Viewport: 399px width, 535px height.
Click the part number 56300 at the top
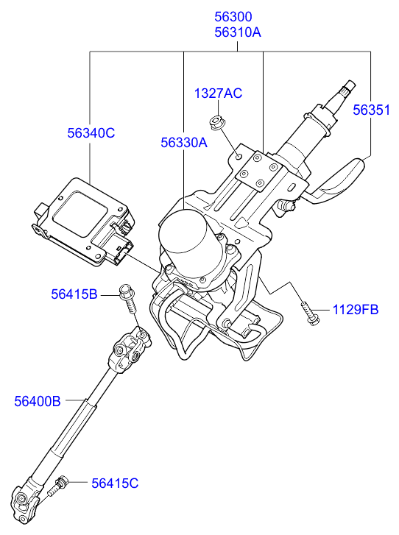233,17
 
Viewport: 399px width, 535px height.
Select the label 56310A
238,32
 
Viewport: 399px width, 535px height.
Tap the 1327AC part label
218,93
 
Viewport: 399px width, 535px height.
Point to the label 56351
371,110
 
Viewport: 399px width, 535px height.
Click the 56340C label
91,133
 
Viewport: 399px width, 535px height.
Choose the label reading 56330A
184,143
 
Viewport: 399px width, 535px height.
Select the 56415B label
74,294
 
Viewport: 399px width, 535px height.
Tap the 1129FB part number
356,310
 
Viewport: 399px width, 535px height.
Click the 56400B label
38,401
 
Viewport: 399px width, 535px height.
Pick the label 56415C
115,483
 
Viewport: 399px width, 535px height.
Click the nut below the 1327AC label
216,123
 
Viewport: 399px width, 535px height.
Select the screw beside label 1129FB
311,314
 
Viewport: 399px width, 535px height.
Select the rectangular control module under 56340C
84,222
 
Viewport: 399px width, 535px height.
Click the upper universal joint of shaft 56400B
130,350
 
